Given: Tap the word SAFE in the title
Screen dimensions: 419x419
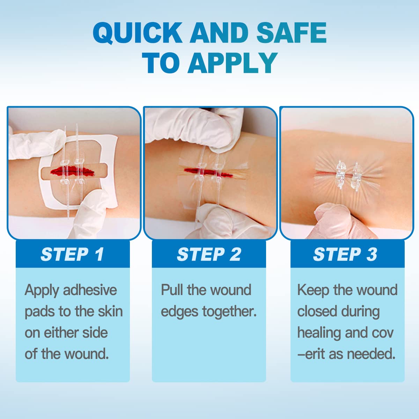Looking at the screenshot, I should point(291,33).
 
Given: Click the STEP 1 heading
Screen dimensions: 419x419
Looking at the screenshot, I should point(72,254).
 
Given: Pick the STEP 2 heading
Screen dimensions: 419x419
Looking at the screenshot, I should point(209,254).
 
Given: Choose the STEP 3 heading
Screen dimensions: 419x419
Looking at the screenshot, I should point(345,254).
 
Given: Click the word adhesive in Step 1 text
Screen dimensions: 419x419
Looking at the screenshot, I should point(90,290).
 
